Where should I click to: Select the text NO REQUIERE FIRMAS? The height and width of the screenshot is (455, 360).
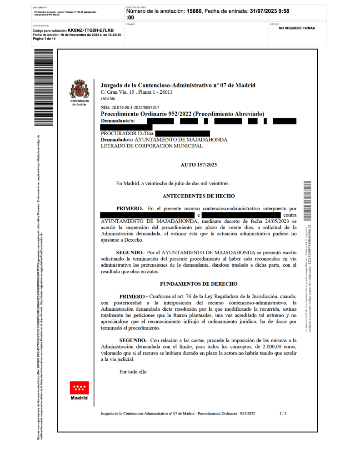[296, 28]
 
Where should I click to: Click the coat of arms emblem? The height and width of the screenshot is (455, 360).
[79, 89]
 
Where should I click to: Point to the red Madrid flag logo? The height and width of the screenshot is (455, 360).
[79, 388]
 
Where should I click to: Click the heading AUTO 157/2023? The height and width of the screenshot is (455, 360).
[199, 165]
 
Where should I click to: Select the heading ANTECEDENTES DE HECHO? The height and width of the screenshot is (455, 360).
[199, 196]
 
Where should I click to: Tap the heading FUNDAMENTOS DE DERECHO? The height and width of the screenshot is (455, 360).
[199, 283]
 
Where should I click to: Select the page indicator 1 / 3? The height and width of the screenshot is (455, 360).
[283, 413]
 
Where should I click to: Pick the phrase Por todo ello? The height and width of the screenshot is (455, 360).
[133, 372]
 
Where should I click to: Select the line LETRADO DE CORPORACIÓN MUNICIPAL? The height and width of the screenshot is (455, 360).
[152, 146]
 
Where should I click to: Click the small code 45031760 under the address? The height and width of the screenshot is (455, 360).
[108, 99]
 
